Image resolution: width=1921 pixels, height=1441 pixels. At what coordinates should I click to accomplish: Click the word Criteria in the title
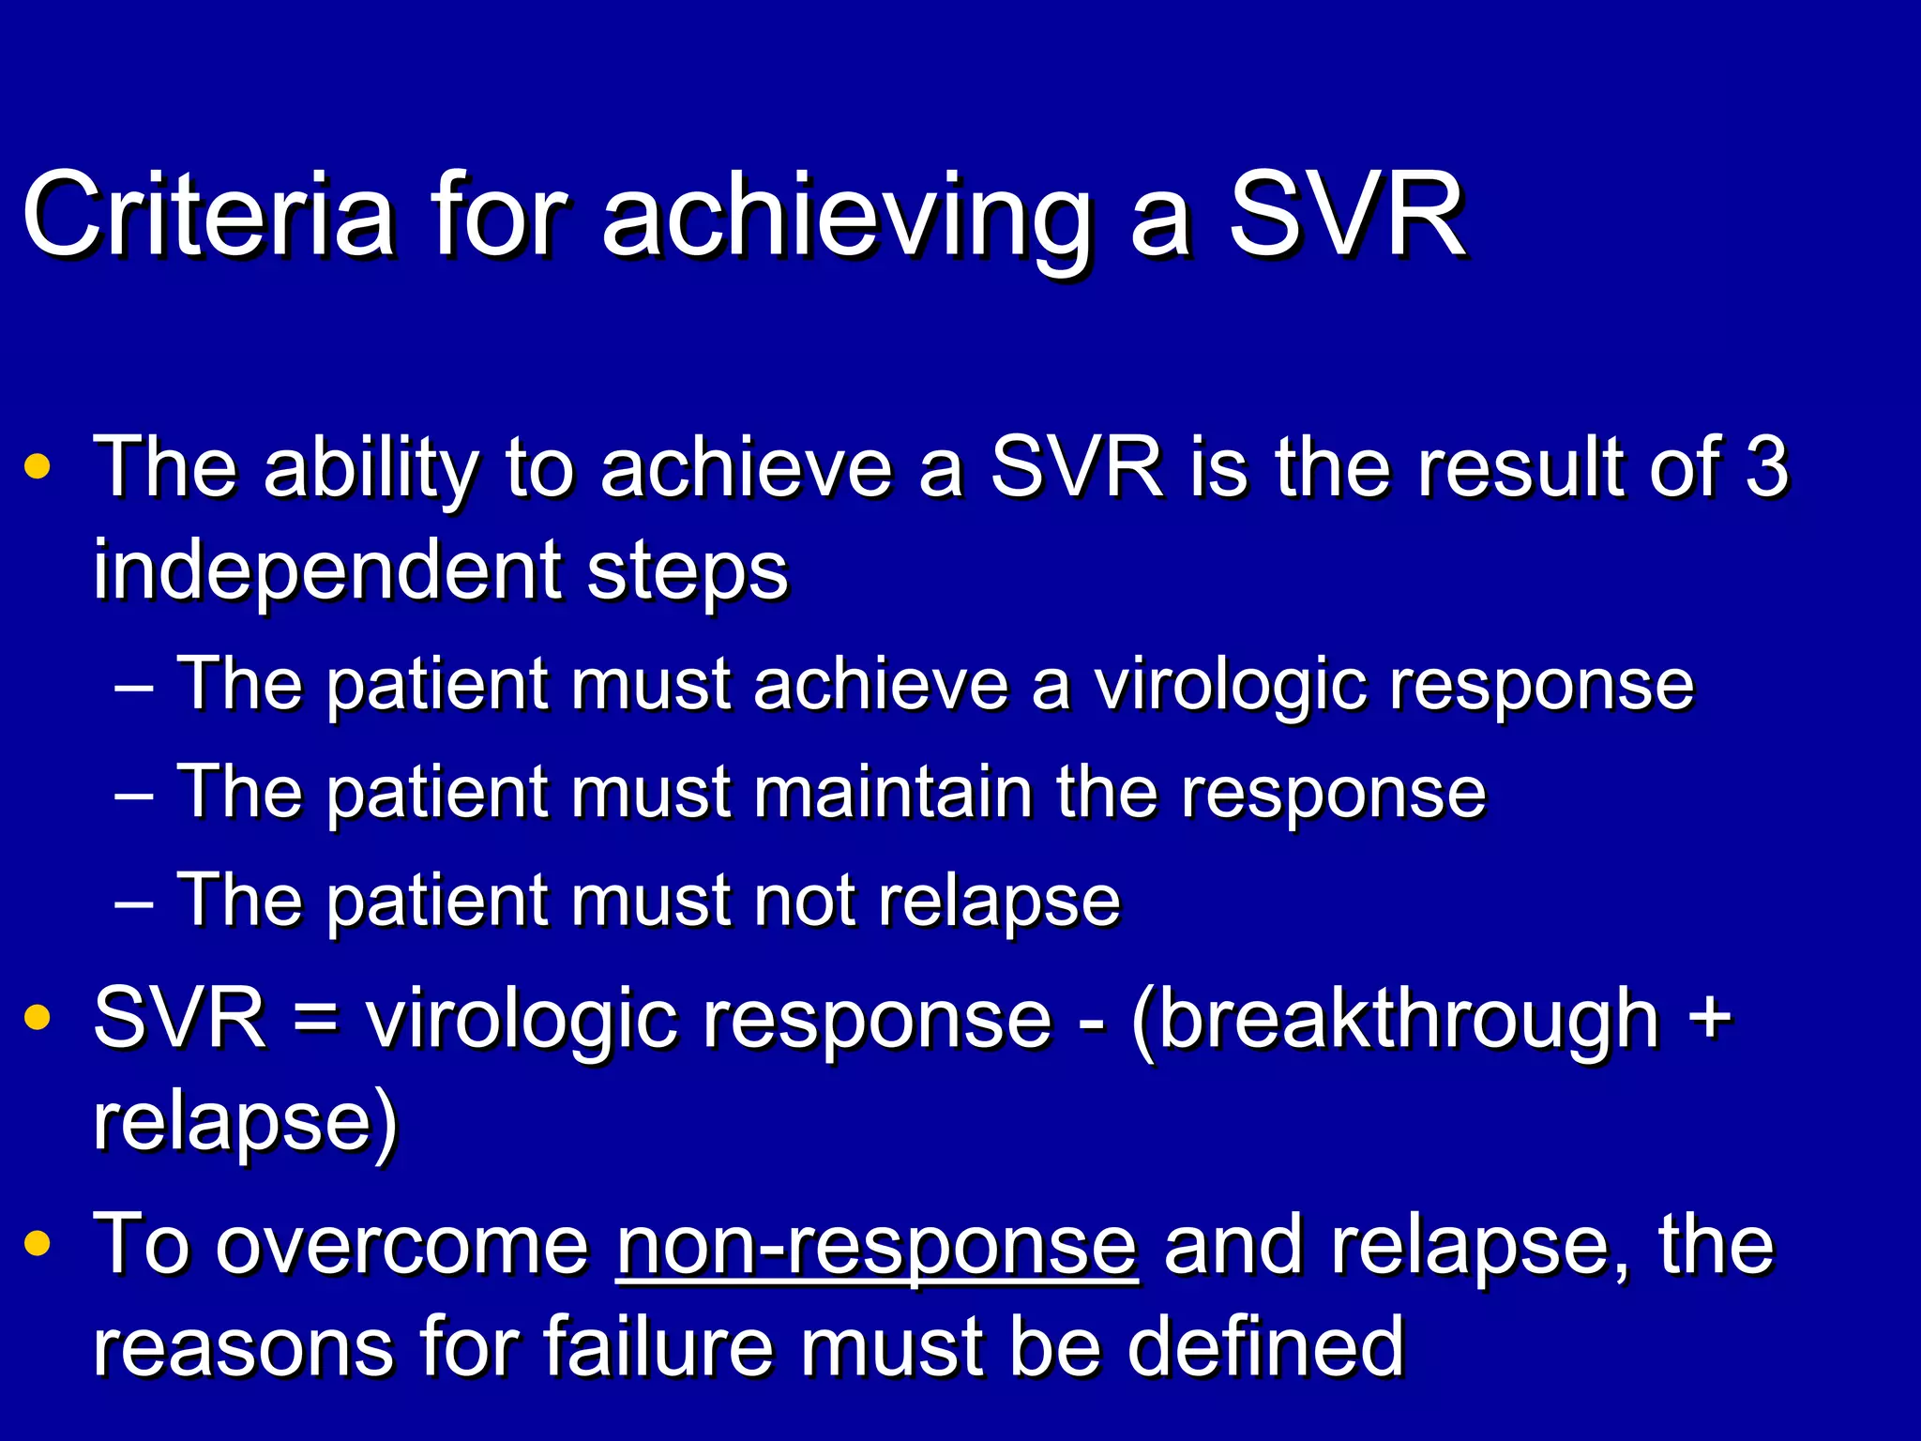click(207, 215)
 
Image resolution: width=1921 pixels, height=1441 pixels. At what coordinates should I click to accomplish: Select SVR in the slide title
click(1347, 215)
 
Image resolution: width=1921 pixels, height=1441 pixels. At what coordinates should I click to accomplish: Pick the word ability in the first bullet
click(371, 469)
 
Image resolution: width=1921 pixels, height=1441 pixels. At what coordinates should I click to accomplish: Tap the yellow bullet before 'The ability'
click(38, 467)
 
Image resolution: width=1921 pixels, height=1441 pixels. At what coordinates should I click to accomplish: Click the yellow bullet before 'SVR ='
click(38, 1019)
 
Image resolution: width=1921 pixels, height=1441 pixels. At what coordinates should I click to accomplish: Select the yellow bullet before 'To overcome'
click(38, 1244)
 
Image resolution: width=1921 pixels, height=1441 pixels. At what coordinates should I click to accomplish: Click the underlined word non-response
click(877, 1246)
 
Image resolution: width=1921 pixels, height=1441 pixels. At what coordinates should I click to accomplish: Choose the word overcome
click(402, 1246)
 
